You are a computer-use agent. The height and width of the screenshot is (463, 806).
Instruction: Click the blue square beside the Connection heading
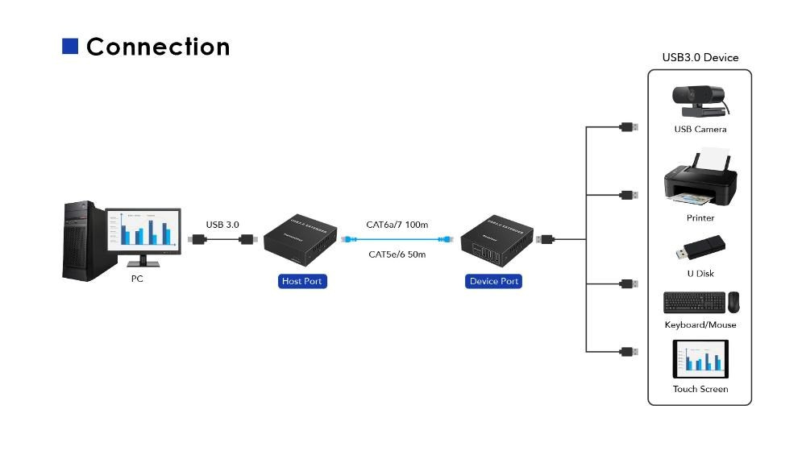[x=70, y=47]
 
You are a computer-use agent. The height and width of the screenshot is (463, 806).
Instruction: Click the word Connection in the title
[x=158, y=47]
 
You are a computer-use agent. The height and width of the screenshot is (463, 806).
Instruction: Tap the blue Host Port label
[x=302, y=281]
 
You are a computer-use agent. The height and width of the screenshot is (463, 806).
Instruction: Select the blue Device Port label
[x=493, y=281]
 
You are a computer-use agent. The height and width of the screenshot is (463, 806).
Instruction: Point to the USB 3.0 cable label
[x=222, y=225]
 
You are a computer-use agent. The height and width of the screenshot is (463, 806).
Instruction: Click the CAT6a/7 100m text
[x=397, y=225]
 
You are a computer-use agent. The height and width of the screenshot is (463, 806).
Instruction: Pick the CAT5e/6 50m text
[x=397, y=254]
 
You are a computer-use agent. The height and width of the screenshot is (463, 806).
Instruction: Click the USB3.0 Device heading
[x=700, y=57]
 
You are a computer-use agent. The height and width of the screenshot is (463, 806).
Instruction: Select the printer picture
[x=699, y=179]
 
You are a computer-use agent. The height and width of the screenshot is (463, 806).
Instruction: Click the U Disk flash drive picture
[x=701, y=249]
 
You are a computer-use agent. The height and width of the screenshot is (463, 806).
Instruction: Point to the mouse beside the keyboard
[x=733, y=302]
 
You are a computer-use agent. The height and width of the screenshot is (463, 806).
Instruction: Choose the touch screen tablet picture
[x=700, y=359]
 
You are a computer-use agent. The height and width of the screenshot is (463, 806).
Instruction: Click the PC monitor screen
[x=143, y=229]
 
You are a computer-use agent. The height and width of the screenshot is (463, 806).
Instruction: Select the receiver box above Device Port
[x=492, y=241]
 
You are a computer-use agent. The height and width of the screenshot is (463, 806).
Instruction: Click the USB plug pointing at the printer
[x=629, y=195]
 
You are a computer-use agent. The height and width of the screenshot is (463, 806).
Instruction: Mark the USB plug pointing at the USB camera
[x=629, y=127]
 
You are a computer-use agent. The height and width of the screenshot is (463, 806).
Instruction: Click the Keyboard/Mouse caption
[x=700, y=325]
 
